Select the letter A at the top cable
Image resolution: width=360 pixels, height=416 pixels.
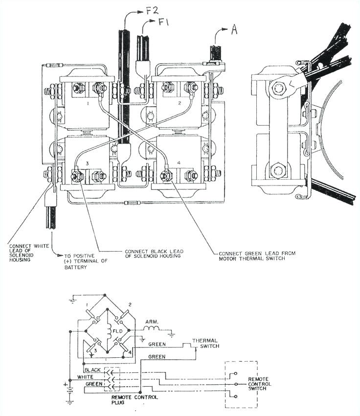point(234,30)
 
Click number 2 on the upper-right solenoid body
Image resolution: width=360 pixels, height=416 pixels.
point(180,104)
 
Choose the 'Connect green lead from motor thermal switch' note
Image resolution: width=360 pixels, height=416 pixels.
point(256,256)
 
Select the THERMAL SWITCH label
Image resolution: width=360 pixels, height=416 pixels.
point(205,344)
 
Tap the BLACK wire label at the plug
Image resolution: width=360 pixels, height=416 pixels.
point(93,370)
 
